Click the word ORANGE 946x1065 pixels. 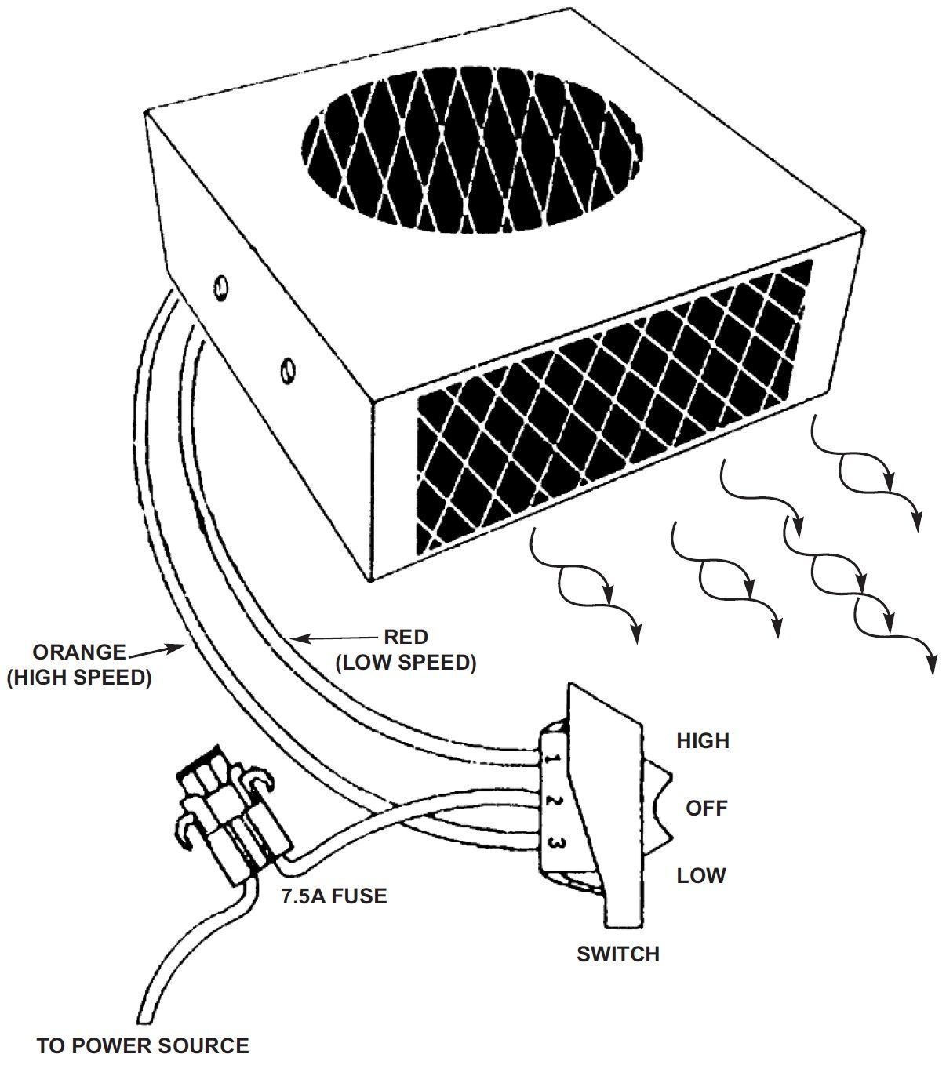click(78, 652)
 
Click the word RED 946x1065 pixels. click(406, 636)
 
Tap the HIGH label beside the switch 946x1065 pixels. click(703, 740)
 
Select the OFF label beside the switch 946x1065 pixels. click(707, 808)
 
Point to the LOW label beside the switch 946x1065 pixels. click(701, 875)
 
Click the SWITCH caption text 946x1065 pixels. click(618, 954)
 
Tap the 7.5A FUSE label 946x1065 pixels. click(334, 896)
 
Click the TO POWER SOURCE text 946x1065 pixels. click(143, 1045)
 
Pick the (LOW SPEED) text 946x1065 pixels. click(406, 663)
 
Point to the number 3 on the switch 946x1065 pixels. click(553, 844)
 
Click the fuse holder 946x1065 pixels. click(227, 823)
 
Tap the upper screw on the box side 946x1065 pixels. click(220, 287)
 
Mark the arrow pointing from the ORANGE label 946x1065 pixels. click(157, 650)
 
